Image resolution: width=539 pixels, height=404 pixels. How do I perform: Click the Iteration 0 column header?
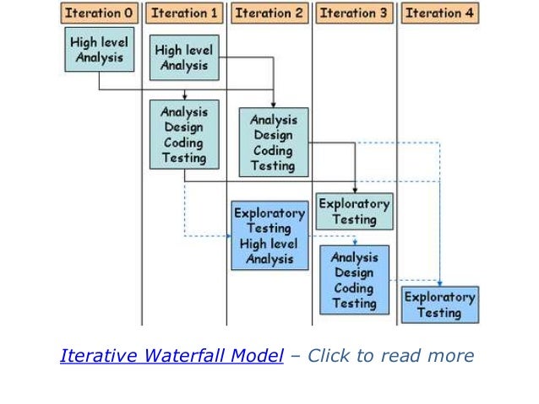coord(100,13)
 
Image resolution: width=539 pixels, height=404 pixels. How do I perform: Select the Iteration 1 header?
coord(185,13)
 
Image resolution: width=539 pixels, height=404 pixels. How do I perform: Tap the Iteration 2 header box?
coord(269,13)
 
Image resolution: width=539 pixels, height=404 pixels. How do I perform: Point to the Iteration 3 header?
coord(355,13)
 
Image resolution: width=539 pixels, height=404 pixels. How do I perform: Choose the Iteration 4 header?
coord(439,13)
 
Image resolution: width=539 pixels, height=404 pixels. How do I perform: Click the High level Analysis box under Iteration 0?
coord(99,49)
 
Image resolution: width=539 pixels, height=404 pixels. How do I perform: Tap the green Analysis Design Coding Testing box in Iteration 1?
coord(183,134)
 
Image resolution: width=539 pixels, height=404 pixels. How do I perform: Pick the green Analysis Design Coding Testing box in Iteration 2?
coord(273,142)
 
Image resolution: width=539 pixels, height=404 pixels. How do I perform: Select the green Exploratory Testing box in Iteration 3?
coord(354,211)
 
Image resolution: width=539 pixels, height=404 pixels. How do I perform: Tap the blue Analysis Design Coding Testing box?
coord(354,280)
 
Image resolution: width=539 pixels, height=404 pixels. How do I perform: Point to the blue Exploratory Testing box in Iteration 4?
coord(439,304)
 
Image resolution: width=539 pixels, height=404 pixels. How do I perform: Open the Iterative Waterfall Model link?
coord(171,356)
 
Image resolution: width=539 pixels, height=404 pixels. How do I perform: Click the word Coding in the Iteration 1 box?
coord(183,142)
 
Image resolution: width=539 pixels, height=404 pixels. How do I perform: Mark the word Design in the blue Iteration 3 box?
coord(354,272)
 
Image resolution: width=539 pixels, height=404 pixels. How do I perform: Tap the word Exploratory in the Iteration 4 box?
coord(439,297)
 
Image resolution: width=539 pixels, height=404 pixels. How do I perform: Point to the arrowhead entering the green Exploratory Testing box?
coord(355,190)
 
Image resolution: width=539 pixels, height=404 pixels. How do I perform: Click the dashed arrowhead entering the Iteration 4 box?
coord(439,283)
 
